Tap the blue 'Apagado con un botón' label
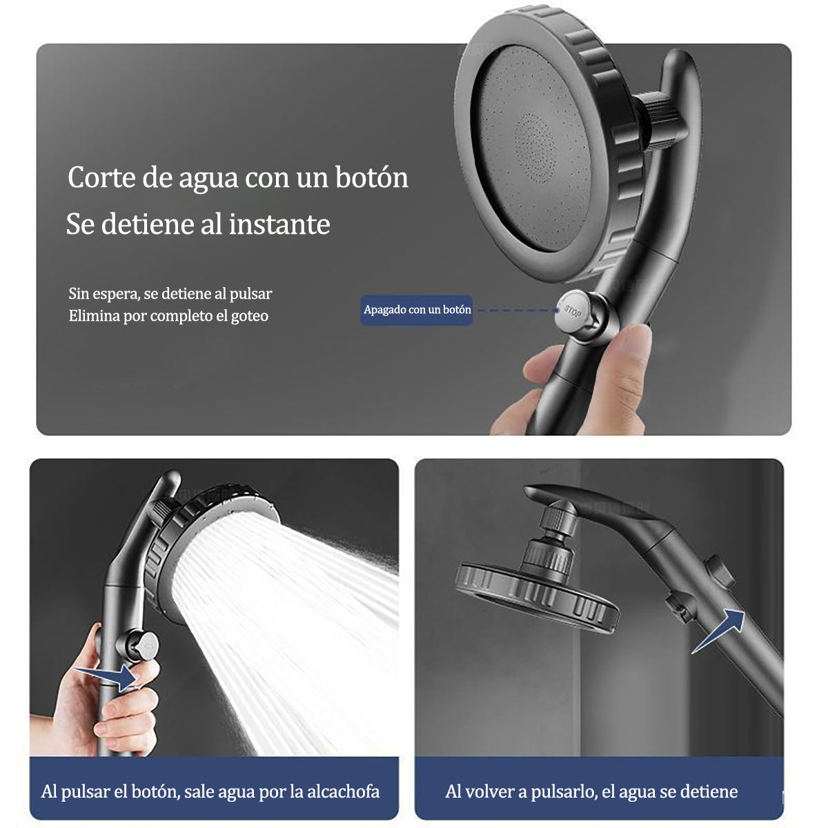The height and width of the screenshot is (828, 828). click(416, 310)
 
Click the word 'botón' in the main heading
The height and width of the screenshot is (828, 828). click(371, 177)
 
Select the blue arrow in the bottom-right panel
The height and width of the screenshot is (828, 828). click(718, 631)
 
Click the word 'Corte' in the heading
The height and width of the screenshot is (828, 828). click(101, 177)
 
